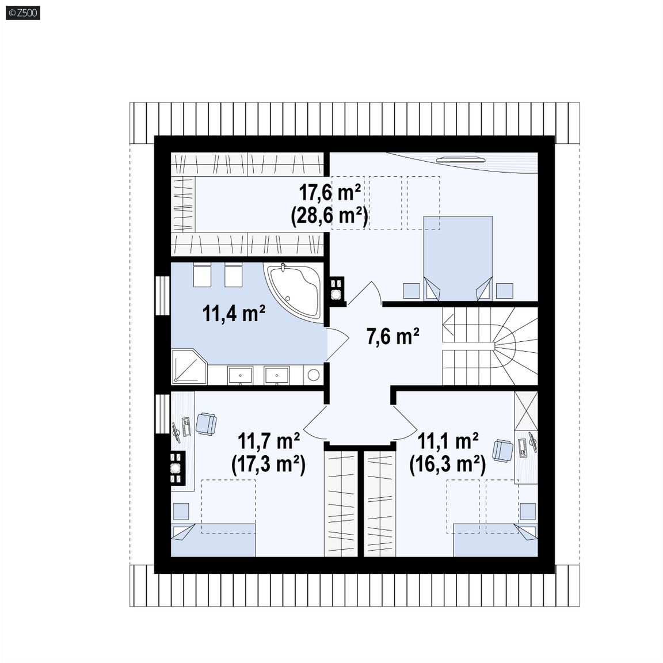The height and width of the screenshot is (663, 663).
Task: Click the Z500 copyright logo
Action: click(x=23, y=13)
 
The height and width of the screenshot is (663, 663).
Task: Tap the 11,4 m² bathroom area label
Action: click(x=234, y=313)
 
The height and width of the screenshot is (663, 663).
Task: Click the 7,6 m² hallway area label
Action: click(x=393, y=337)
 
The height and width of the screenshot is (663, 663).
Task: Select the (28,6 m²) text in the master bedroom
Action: click(x=329, y=216)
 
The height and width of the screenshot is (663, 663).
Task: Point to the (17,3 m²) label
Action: click(x=269, y=464)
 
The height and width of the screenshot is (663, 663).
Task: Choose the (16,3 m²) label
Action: click(x=447, y=464)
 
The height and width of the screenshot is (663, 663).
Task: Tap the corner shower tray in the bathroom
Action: click(x=189, y=366)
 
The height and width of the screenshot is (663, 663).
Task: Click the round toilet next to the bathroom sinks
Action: click(x=313, y=375)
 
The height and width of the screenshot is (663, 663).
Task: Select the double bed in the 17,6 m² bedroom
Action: click(x=458, y=258)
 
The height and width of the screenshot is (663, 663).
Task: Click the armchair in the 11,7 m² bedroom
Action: click(x=207, y=424)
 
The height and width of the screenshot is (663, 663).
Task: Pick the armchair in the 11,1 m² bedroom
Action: click(x=503, y=450)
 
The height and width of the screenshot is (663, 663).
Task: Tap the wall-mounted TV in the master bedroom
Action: click(x=461, y=159)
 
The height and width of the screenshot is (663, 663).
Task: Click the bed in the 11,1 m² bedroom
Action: click(x=496, y=540)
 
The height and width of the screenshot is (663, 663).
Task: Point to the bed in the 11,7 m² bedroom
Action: click(x=213, y=540)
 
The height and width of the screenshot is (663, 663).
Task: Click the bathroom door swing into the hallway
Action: click(x=337, y=344)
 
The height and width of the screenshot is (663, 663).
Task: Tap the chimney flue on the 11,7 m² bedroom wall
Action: click(x=177, y=468)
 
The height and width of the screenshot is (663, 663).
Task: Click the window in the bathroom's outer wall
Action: click(x=162, y=296)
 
